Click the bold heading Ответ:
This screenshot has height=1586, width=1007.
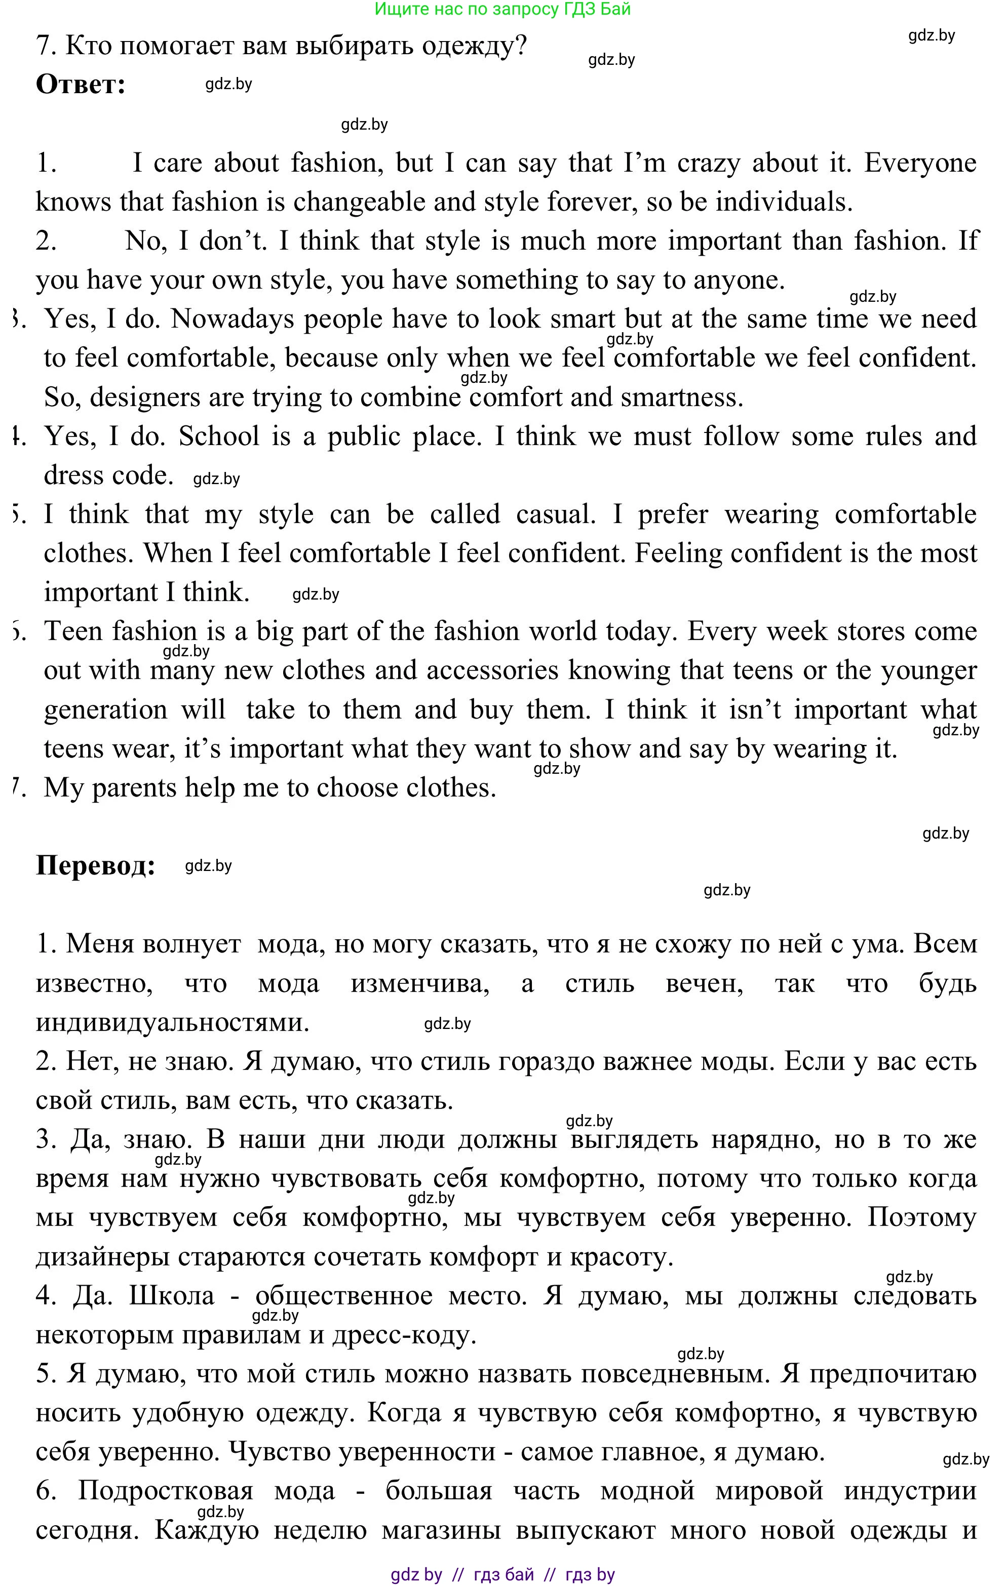81,85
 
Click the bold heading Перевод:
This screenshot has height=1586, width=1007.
96,865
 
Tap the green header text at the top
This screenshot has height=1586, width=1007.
502,9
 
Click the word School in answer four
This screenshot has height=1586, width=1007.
219,436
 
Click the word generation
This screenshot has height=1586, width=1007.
105,710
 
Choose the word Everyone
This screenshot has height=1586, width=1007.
920,163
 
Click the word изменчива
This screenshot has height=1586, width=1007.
420,984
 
